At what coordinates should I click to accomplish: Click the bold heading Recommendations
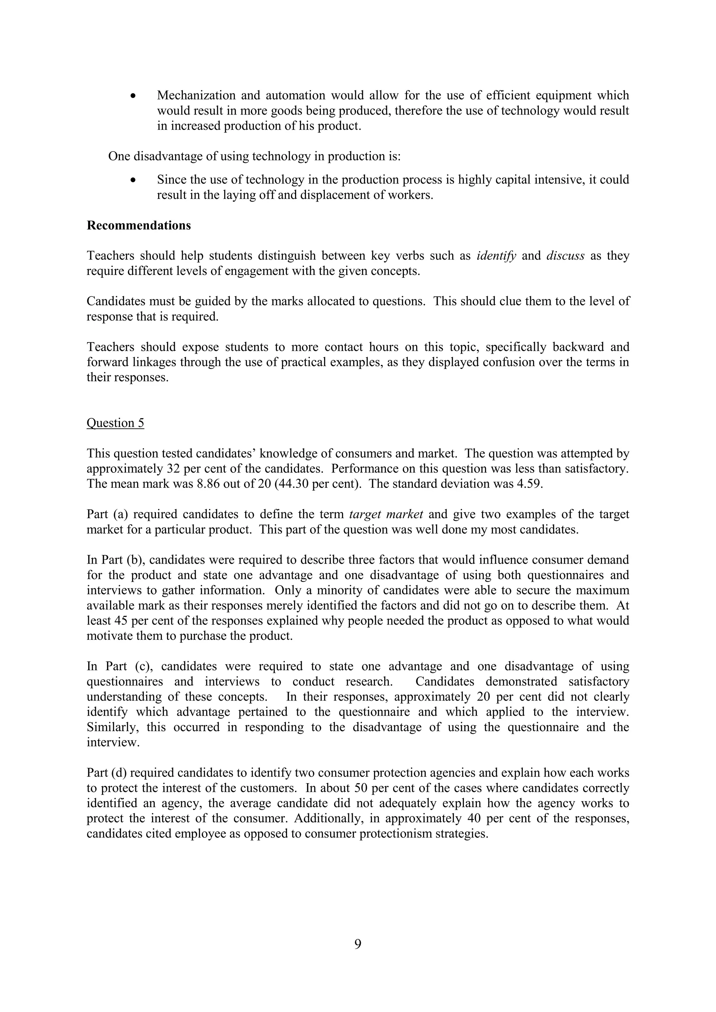pyautogui.click(x=138, y=225)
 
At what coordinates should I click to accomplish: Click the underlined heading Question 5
pyautogui.click(x=115, y=423)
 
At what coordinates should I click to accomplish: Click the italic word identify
pyautogui.click(x=496, y=256)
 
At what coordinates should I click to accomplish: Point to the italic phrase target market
pyautogui.click(x=386, y=514)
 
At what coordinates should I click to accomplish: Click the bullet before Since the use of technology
pyautogui.click(x=133, y=180)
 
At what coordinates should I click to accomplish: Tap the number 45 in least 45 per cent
pyautogui.click(x=120, y=621)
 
